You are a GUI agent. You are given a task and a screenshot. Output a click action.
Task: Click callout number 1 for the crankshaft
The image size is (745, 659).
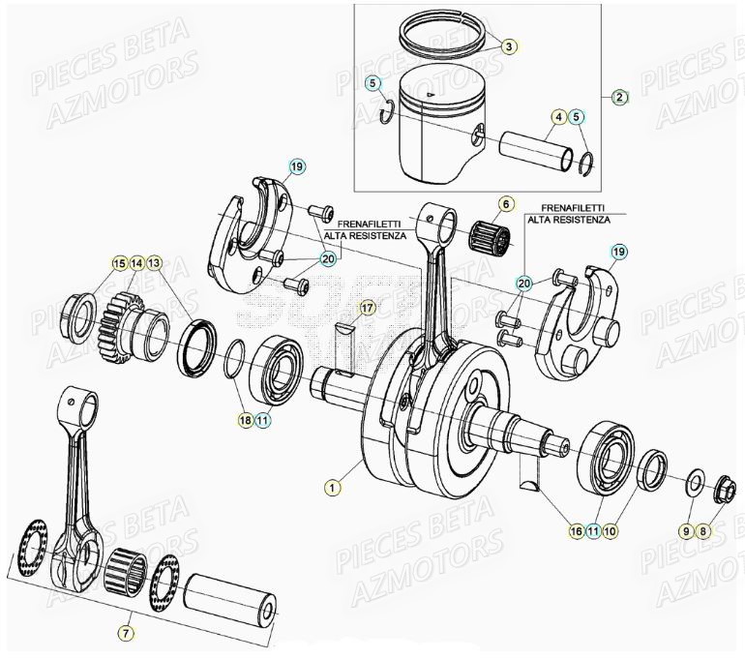tap(333, 489)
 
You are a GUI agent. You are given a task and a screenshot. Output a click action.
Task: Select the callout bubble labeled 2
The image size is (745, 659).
tap(620, 97)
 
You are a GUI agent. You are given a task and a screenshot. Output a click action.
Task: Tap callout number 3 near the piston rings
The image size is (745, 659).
tap(510, 45)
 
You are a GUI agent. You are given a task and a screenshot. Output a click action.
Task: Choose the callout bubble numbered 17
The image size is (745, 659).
tap(367, 309)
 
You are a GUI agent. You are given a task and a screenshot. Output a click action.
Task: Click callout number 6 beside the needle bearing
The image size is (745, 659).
tap(504, 204)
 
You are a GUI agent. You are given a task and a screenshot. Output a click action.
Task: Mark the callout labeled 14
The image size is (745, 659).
tap(136, 263)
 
